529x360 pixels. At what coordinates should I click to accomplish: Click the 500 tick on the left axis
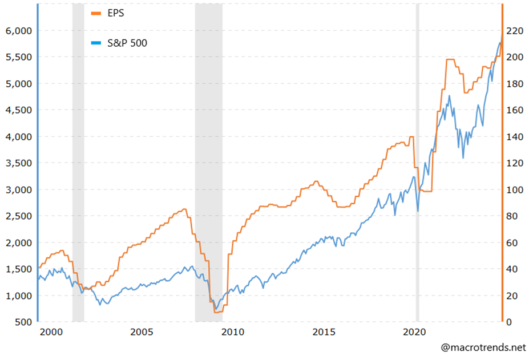click(23, 322)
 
